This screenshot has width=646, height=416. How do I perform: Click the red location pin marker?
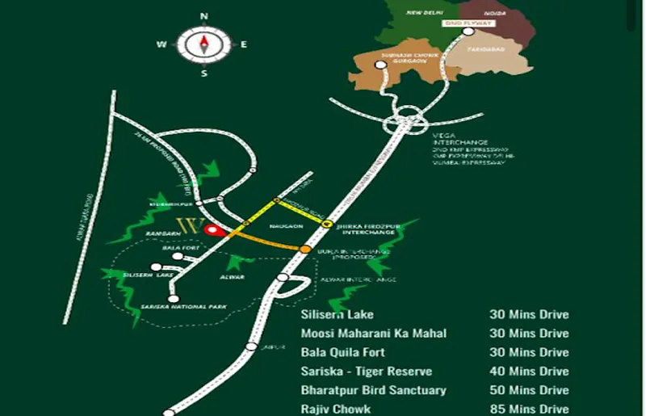212,230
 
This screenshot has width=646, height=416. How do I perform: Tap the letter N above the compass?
204,15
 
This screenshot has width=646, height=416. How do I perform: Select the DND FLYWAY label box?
469,23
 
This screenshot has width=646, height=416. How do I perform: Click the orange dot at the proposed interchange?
305,250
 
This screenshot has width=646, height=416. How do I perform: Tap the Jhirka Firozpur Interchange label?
368,228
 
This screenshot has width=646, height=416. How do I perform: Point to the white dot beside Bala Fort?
178,256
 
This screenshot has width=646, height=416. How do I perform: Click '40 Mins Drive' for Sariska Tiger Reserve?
529,372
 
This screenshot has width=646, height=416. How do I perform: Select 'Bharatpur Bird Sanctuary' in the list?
373,390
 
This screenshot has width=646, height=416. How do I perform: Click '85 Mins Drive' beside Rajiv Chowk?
529,410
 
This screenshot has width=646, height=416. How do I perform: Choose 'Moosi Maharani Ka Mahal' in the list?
373,334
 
